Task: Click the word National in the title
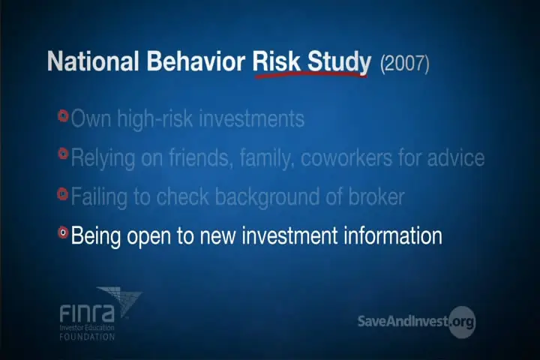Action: [93, 61]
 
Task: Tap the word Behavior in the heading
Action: [196, 61]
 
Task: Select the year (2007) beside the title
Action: [405, 64]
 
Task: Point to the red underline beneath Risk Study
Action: [311, 74]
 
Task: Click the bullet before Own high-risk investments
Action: [63, 115]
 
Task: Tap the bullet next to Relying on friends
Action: [63, 153]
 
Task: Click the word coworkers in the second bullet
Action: [346, 157]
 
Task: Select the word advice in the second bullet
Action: [456, 157]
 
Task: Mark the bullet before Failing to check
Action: [63, 193]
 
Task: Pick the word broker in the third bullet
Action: [376, 196]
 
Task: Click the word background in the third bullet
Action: [267, 198]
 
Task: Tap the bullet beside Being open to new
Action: [63, 232]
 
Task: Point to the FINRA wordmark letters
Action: [87, 313]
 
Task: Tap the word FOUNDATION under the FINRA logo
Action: [87, 337]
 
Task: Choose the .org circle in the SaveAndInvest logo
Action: [462, 322]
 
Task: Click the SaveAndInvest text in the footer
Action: [403, 321]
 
